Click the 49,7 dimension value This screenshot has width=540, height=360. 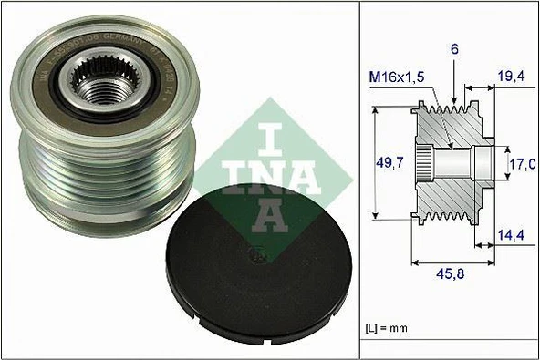pyautogui.click(x=390, y=165)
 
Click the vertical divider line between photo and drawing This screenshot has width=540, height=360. pyautogui.click(x=360, y=182)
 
